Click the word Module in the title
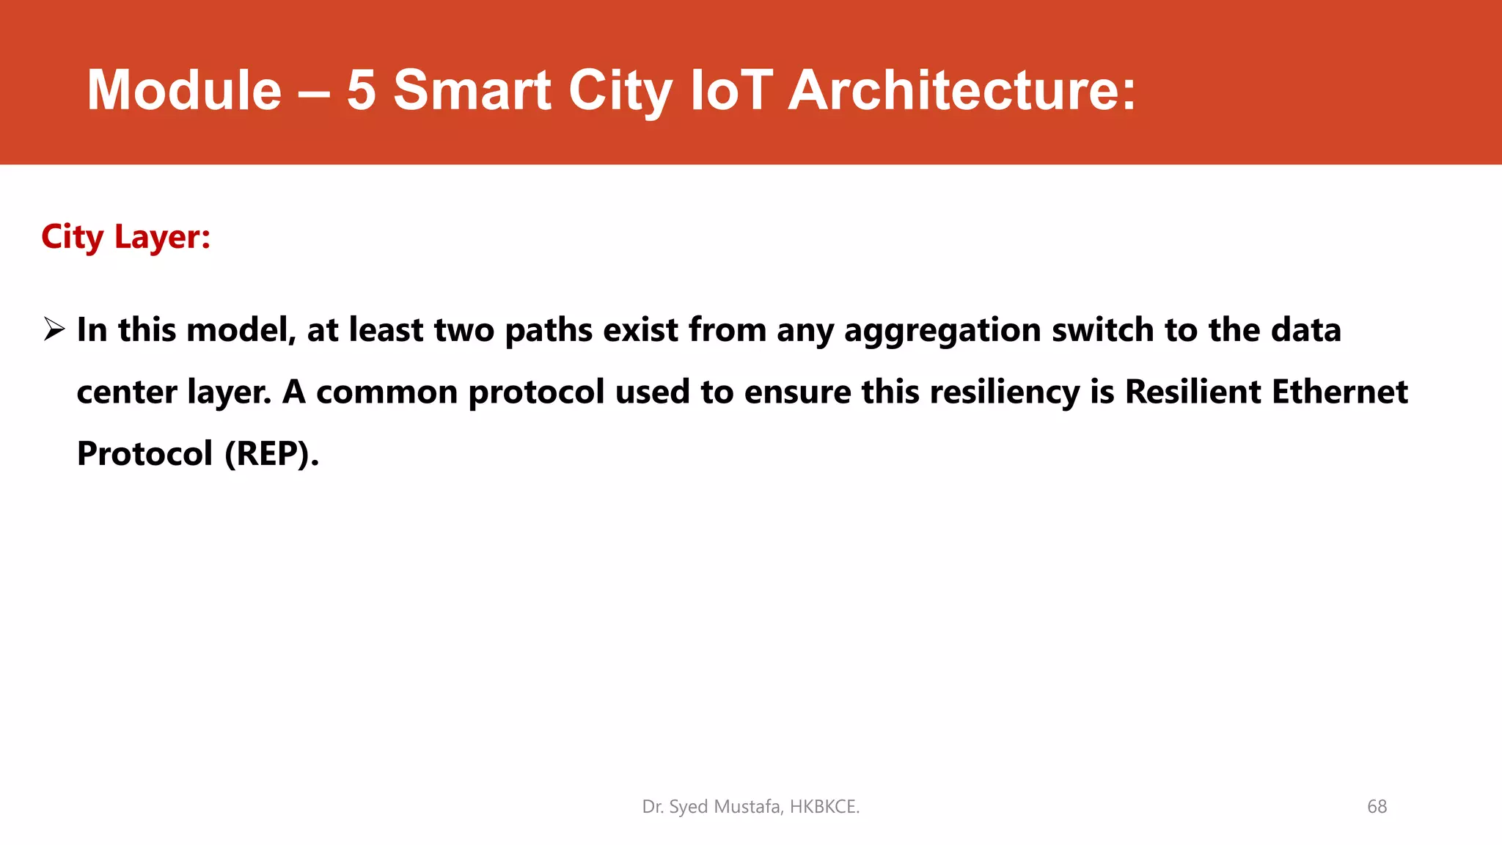click(x=184, y=90)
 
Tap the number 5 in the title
click(x=362, y=90)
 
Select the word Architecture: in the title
click(x=961, y=90)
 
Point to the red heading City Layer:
click(x=125, y=238)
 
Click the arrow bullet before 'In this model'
click(x=54, y=329)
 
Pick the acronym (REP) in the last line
click(x=271, y=454)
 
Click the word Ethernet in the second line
click(x=1339, y=392)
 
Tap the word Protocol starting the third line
click(x=144, y=453)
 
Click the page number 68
click(x=1377, y=807)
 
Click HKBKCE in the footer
click(x=824, y=807)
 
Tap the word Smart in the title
click(x=472, y=90)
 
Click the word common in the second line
click(x=387, y=392)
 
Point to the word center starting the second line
click(x=126, y=392)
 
